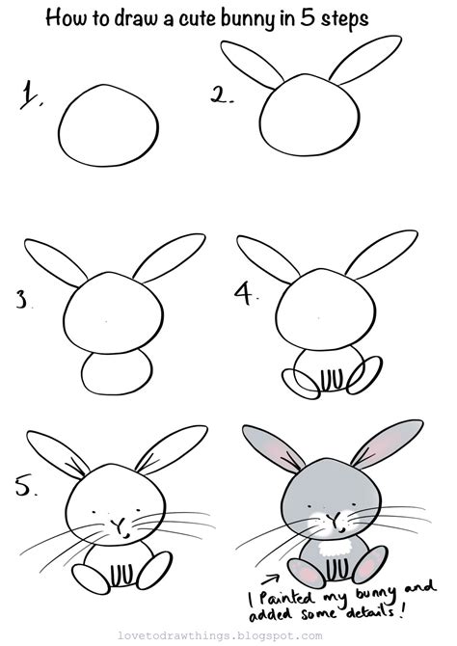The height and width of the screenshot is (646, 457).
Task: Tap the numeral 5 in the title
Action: pos(308,17)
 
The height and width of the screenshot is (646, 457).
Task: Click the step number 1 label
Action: pos(31,95)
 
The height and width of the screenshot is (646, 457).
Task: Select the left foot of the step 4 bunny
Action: pos(301,384)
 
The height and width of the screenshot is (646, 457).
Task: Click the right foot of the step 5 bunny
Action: pos(154,570)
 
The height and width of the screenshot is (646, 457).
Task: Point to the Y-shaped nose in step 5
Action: pos(120,526)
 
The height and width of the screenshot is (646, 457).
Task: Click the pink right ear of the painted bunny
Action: pos(386,444)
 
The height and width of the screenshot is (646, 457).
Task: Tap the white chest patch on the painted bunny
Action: pos(335,548)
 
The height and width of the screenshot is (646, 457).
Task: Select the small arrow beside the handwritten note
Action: pos(270,579)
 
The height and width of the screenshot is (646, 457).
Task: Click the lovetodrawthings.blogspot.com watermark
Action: pos(220,635)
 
